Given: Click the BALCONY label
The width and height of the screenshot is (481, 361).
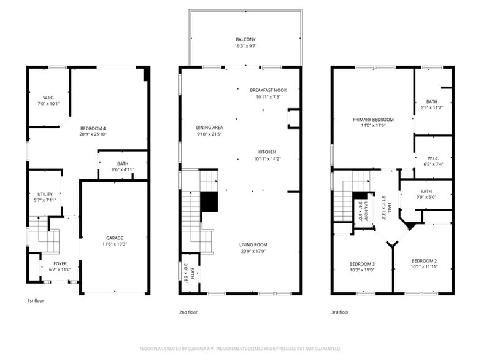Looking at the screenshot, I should tap(245, 39).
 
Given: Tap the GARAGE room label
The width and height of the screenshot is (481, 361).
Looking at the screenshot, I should tap(114, 238).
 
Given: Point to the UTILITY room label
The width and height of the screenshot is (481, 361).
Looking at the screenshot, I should tap(45, 194).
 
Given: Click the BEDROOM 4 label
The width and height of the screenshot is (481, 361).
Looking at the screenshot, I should tap(93, 128).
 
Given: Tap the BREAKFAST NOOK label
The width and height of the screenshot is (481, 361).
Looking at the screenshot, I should tap(267, 90).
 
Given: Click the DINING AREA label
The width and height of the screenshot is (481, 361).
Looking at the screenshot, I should tap(209, 128).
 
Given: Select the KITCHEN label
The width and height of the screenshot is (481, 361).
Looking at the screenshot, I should tap(267, 152).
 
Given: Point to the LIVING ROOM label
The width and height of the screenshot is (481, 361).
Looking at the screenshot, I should tap(253, 244).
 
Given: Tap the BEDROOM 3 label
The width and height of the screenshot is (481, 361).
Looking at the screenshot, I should tap(362, 264).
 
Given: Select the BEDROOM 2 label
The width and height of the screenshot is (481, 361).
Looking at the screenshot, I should tap(424, 261).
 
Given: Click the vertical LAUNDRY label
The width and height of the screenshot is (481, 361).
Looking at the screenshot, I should tap(366, 211).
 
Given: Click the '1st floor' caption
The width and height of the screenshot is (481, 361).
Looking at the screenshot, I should tap(36, 301).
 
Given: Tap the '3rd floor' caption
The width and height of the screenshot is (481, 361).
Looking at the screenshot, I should tap(340, 312).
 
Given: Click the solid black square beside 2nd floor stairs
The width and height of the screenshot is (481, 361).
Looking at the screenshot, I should tap(210, 202).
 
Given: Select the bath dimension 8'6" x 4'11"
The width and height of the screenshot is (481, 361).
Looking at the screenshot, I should tap(123, 170).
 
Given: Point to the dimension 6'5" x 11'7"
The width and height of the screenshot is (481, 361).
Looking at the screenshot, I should tap(432, 108).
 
